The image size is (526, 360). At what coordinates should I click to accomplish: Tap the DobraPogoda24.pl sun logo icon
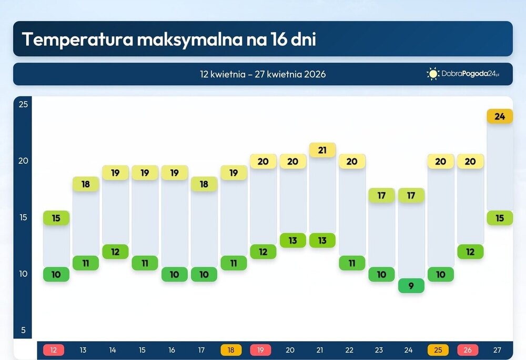click(433, 74)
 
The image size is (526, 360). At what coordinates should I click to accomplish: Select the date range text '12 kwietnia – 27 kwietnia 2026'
click(262, 74)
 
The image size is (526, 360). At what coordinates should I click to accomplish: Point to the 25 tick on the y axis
click(23, 104)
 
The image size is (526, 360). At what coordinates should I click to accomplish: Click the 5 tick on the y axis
click(23, 331)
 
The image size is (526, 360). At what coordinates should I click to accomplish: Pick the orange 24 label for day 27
click(500, 116)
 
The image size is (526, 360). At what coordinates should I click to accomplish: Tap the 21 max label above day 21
click(322, 150)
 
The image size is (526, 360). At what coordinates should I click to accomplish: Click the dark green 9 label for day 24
click(411, 286)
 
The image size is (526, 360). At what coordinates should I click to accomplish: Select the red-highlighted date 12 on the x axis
click(54, 350)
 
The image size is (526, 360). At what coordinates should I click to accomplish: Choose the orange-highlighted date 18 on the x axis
click(231, 350)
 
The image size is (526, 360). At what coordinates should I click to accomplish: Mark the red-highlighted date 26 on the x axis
click(468, 350)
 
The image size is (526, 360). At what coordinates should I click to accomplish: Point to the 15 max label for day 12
click(56, 218)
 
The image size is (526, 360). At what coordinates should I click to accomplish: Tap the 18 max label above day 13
click(85, 184)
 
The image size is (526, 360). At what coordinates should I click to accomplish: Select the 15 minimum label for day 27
click(500, 218)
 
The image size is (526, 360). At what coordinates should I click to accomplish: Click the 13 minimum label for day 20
click(293, 241)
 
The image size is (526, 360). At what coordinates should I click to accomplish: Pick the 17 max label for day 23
click(381, 195)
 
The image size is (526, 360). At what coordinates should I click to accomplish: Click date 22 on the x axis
click(349, 350)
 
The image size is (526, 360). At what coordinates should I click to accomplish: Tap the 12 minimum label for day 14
click(115, 252)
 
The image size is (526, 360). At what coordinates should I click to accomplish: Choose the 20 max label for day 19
click(263, 161)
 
